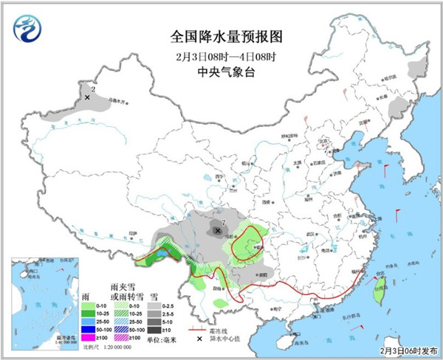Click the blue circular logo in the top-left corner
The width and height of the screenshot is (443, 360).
tap(28, 28)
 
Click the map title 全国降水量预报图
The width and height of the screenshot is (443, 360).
tap(221, 35)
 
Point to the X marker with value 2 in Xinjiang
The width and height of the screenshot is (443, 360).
tap(87, 97)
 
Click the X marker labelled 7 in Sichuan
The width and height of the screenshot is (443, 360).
tap(217, 231)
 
